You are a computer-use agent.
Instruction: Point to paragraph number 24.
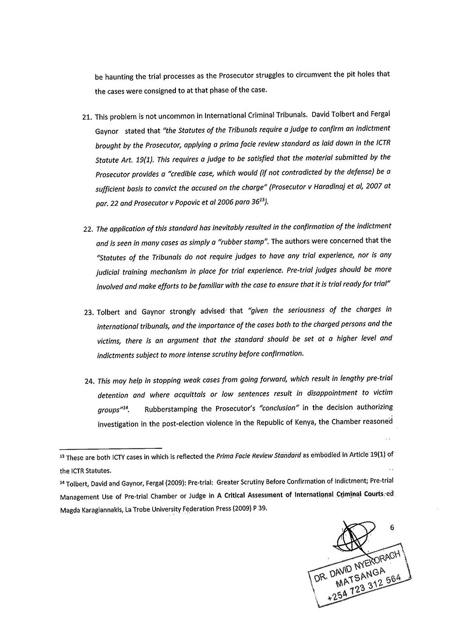88,381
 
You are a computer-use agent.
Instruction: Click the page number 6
391,528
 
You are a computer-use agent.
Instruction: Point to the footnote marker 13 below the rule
62,456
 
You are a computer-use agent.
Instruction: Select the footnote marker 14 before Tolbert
62,482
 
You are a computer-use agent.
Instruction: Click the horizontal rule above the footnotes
110,448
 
